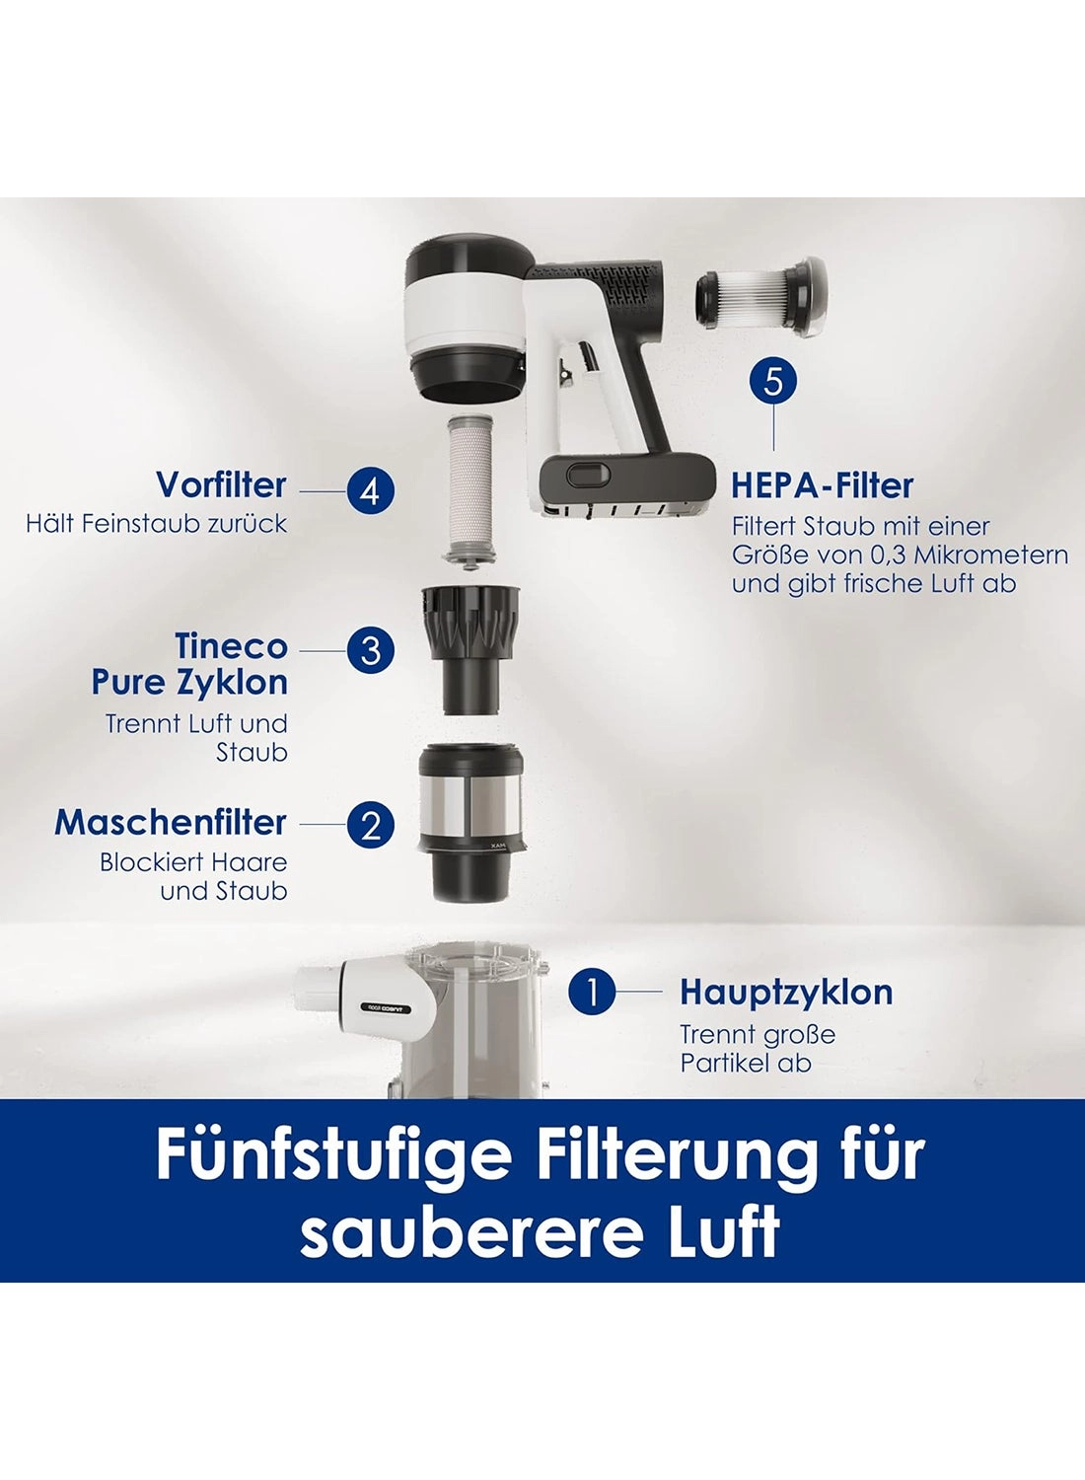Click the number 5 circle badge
point(773,383)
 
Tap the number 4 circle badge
point(371,491)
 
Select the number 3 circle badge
point(371,651)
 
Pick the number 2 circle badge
point(371,825)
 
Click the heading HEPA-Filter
point(823,485)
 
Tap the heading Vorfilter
point(221,485)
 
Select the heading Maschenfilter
point(171,823)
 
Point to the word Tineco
point(231,645)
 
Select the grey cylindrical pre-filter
point(470,489)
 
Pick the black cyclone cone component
point(470,647)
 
